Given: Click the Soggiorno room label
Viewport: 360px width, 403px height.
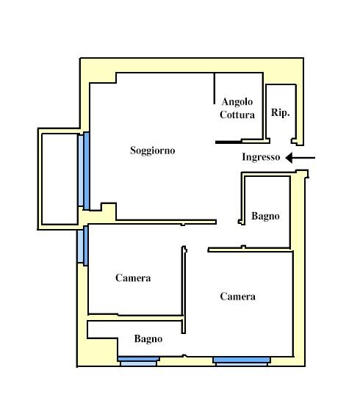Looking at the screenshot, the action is coord(153,150).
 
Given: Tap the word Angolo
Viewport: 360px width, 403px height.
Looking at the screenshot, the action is coord(237,102).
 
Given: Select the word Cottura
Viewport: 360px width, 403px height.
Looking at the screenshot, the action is coord(237,115).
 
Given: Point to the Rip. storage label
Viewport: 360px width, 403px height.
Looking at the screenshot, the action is coord(280,112).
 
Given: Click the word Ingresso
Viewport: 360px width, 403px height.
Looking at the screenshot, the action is coord(261,157).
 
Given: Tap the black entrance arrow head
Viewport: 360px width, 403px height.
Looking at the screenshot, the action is coord(289,158).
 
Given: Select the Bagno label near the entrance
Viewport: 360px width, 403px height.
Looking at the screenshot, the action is coord(265,216).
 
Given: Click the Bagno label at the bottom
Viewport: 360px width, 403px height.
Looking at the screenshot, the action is coord(148,338).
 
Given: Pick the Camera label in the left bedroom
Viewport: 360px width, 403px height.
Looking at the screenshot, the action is coord(133,277).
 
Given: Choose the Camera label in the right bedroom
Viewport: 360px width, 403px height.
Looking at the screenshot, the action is coord(237,297).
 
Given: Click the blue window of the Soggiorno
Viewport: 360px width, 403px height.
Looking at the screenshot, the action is coord(84,171).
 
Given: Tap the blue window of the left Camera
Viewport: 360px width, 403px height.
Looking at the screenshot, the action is coord(83,246).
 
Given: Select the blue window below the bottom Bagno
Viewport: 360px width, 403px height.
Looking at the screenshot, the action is coord(138,361).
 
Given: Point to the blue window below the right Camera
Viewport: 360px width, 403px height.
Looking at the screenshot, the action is coord(242,361).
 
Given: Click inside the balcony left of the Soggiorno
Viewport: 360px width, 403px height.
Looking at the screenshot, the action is coord(60,179).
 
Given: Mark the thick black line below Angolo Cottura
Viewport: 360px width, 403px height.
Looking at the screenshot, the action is coord(228,142).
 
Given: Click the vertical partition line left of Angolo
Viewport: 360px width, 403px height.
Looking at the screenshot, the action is coord(215,88).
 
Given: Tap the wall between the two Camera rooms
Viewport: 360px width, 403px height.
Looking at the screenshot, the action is coord(184,290).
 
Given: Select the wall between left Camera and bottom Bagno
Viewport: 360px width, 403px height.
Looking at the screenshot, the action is coord(135,318).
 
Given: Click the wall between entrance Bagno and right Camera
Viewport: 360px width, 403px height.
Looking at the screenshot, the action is coord(249,250).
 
